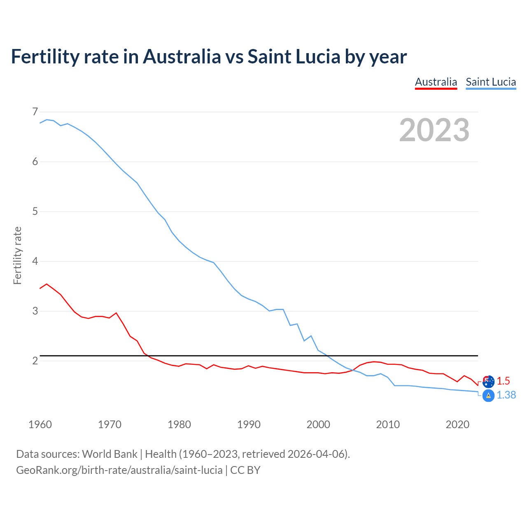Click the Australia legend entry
(436, 82)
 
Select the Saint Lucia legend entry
(491, 82)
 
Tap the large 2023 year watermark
(434, 130)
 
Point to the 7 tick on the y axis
(35, 112)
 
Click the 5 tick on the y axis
(35, 212)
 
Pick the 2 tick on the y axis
(35, 361)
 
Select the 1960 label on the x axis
(40, 424)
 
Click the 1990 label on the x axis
(249, 424)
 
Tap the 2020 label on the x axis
(457, 424)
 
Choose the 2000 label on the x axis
(318, 424)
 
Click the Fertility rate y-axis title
(17, 255)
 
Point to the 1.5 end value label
(503, 381)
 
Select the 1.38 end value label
(506, 395)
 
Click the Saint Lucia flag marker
(488, 396)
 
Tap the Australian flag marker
(488, 381)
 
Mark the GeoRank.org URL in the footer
(119, 470)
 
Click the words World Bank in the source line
(110, 454)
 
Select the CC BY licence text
(245, 470)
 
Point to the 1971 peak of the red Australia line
(116, 313)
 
